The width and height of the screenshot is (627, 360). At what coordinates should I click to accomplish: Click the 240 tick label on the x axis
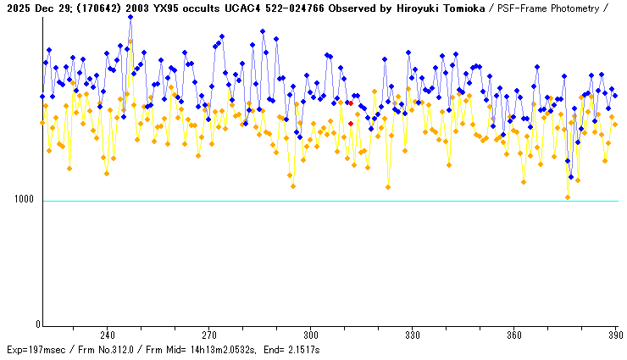point(108,335)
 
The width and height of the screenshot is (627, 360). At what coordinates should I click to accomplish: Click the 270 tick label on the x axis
point(209,335)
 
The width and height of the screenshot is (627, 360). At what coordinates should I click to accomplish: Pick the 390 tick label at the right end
point(614,335)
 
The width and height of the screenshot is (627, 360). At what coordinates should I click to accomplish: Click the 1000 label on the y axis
point(25,201)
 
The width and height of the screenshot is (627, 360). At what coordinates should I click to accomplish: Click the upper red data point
point(351,103)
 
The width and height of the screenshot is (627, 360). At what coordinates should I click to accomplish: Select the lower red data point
point(351,124)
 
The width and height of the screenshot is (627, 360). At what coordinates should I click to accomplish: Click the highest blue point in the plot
point(130,17)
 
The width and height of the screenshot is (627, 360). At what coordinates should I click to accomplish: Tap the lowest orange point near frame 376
point(568,197)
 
